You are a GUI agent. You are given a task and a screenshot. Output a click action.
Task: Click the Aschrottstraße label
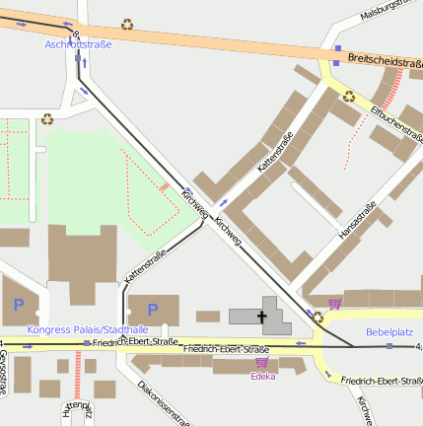click(79, 44)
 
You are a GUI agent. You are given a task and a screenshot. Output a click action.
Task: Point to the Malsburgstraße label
click(390, 11)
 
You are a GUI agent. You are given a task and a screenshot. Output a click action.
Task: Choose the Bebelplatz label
click(389, 332)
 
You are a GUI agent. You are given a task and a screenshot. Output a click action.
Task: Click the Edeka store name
click(262, 377)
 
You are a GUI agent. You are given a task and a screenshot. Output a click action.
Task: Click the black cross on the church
click(262, 317)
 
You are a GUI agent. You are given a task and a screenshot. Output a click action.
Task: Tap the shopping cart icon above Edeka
click(261, 364)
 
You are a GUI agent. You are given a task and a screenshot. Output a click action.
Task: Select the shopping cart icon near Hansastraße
click(335, 304)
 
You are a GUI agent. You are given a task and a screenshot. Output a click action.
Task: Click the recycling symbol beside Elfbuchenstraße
click(349, 97)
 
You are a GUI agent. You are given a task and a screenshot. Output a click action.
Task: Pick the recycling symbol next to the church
click(317, 318)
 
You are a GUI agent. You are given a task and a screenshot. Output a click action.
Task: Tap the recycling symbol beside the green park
click(47, 119)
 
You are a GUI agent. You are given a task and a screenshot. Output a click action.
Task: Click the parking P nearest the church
click(152, 310)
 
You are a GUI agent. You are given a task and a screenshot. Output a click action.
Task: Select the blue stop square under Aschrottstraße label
click(78, 58)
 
